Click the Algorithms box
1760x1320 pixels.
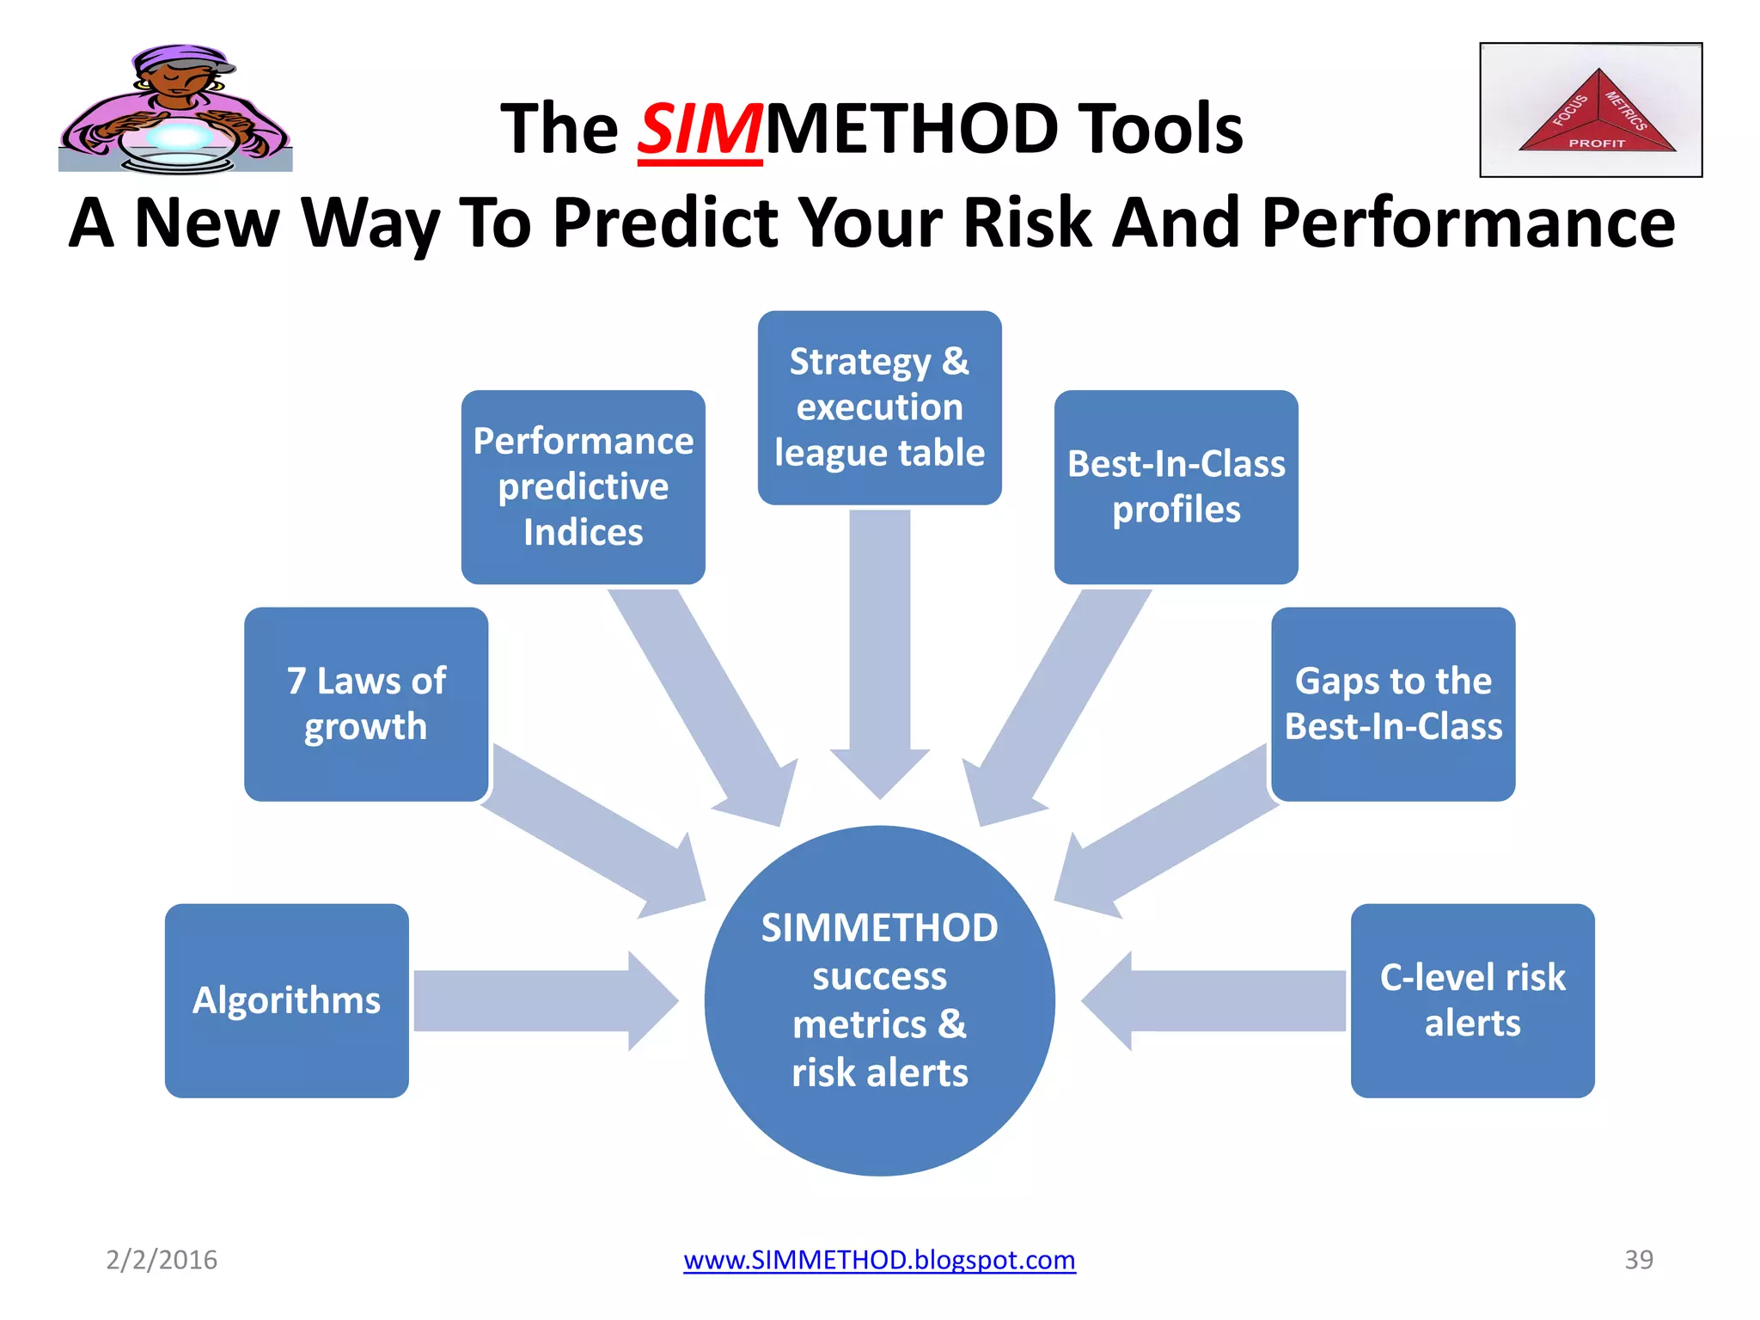pyautogui.click(x=286, y=1000)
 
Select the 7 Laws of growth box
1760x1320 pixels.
pyautogui.click(x=366, y=704)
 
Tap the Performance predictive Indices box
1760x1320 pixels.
pyautogui.click(x=583, y=487)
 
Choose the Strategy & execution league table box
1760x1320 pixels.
pyautogui.click(x=879, y=407)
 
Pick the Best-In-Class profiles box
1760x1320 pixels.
pyautogui.click(x=1176, y=487)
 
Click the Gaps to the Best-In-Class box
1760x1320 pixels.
pyautogui.click(x=1393, y=704)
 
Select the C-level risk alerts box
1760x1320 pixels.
pyautogui.click(x=1472, y=1000)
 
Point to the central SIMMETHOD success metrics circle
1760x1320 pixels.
pyautogui.click(x=879, y=1000)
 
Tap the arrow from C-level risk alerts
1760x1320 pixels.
pyautogui.click(x=1220, y=1000)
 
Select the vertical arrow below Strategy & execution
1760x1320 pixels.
pyautogui.click(x=879, y=645)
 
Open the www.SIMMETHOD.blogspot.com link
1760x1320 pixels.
pyautogui.click(x=879, y=1260)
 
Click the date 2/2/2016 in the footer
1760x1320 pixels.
pyautogui.click(x=162, y=1260)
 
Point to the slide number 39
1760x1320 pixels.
pyautogui.click(x=1638, y=1260)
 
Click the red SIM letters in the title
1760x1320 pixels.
pyautogui.click(x=699, y=129)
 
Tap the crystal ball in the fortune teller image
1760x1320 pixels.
pyautogui.click(x=179, y=137)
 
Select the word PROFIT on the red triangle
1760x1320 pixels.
pyautogui.click(x=1597, y=144)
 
